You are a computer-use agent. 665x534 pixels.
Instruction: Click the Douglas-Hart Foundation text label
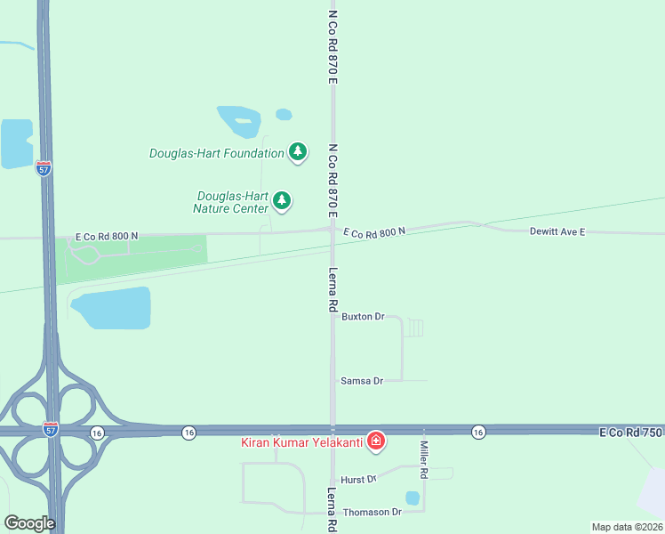216,153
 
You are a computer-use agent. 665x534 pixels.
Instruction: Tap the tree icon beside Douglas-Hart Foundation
299,152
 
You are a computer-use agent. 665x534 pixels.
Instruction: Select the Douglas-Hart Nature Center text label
232,202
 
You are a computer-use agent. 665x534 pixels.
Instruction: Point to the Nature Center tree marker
282,200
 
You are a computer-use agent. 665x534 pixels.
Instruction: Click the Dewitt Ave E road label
557,231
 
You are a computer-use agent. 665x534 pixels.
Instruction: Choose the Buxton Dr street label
363,316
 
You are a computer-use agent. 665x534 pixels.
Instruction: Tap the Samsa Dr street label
362,380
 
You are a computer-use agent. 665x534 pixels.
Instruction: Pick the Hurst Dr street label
359,479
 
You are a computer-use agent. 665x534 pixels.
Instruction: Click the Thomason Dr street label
372,512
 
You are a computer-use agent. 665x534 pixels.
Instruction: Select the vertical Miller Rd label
425,460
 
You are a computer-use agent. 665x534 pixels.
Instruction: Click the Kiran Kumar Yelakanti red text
302,441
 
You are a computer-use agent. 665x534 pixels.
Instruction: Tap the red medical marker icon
376,441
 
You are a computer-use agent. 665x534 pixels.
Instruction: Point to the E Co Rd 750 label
631,432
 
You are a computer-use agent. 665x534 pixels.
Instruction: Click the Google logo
29,523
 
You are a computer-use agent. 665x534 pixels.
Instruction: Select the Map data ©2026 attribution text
627,526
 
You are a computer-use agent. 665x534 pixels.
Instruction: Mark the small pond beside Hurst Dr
413,498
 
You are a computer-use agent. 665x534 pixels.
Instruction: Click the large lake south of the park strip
111,308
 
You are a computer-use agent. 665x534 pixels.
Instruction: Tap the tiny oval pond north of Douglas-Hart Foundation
284,114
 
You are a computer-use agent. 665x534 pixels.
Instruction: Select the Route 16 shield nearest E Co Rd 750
478,432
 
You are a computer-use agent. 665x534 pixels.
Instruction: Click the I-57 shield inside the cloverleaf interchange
51,429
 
